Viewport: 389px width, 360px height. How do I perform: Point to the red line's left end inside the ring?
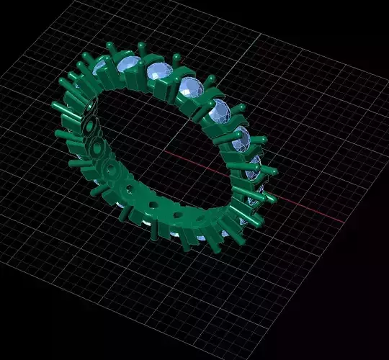click(165, 152)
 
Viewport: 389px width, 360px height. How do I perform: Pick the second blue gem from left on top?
click(128, 66)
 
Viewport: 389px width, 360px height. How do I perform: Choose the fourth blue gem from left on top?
click(191, 89)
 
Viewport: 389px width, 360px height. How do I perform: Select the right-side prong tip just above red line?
click(274, 171)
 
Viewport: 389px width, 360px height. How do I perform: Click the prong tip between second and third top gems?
click(143, 45)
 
